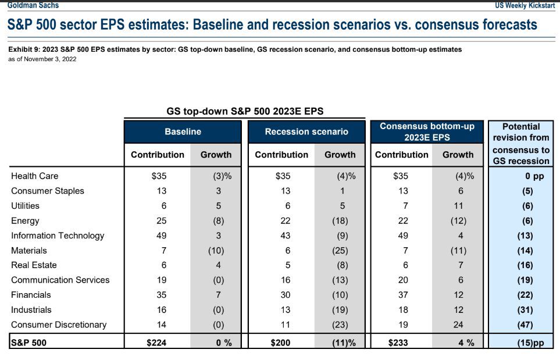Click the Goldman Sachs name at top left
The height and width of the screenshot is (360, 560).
[33, 5]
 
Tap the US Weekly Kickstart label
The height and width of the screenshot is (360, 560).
[525, 5]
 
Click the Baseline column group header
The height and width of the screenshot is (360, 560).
[183, 131]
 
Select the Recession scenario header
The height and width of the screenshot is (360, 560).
[306, 131]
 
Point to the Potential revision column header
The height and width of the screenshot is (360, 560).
[521, 144]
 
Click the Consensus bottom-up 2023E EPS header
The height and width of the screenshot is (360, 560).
[427, 131]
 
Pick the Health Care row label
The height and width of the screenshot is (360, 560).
[35, 176]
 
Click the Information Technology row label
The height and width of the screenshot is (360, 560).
[58, 236]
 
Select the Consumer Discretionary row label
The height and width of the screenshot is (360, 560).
[59, 325]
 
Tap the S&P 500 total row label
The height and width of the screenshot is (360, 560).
[28, 343]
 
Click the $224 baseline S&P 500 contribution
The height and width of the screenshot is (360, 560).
[156, 343]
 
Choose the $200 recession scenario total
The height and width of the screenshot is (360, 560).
[280, 343]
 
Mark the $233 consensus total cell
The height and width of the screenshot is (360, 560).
[398, 343]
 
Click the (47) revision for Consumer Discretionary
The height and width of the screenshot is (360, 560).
[525, 325]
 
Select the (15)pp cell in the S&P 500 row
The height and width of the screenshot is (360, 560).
[531, 343]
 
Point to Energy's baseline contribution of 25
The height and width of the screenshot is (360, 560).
[162, 221]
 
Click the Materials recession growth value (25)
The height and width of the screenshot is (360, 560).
[340, 251]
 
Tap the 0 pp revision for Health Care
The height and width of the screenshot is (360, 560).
[534, 176]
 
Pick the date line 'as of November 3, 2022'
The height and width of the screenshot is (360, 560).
[42, 59]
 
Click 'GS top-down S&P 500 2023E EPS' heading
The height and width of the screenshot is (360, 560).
[245, 111]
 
